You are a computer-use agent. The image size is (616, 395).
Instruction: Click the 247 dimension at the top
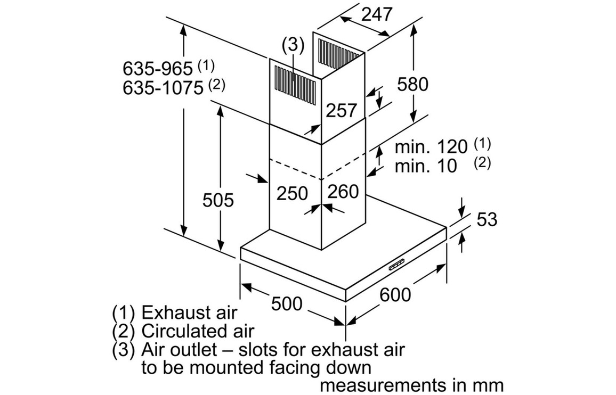[x=377, y=15]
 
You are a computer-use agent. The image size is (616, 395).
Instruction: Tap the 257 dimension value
[x=341, y=110]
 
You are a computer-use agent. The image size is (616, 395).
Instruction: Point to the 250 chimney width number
[x=292, y=193]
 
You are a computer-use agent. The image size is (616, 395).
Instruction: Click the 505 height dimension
[x=218, y=200]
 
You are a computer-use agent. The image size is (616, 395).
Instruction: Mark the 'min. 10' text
[x=426, y=166]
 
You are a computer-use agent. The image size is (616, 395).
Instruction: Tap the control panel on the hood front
[x=397, y=264]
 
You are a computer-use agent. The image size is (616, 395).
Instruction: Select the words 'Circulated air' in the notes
[x=198, y=331]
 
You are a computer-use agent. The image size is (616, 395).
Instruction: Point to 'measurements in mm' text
[x=411, y=385]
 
